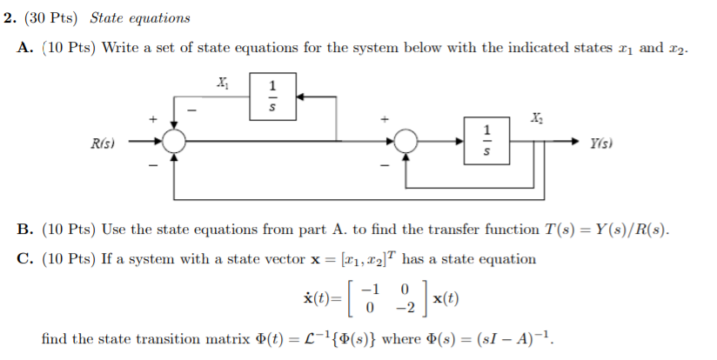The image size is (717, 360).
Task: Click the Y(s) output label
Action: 603,141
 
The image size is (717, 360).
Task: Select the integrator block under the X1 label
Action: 272,97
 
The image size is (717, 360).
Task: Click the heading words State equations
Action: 140,17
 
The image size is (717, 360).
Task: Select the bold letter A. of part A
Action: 25,47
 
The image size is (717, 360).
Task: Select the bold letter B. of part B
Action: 25,230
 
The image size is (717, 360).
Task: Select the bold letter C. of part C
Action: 25,258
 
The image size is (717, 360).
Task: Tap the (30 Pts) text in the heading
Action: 57,17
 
